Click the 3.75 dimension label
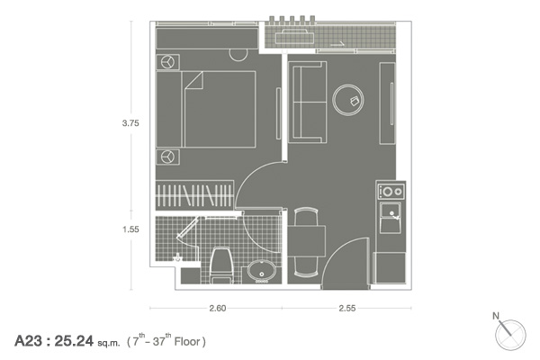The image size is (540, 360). pyautogui.click(x=130, y=123)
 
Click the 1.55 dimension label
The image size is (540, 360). pyautogui.click(x=130, y=229)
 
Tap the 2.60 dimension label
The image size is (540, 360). pyautogui.click(x=218, y=308)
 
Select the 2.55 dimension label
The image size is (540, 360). pyautogui.click(x=346, y=308)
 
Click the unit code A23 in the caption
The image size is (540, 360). pyautogui.click(x=28, y=341)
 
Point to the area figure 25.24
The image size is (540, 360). pyautogui.click(x=74, y=341)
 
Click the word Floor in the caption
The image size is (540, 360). pyautogui.click(x=187, y=342)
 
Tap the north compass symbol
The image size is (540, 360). pyautogui.click(x=509, y=334)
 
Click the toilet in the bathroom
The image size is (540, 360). pyautogui.click(x=221, y=265)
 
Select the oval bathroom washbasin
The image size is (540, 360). pyautogui.click(x=261, y=270)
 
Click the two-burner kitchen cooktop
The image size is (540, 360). pyautogui.click(x=391, y=191)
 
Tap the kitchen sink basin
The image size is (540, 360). pyautogui.click(x=391, y=218)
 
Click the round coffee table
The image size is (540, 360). pyautogui.click(x=348, y=100)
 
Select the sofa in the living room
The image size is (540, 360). pyautogui.click(x=308, y=102)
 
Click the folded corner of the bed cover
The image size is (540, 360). pyautogui.click(x=193, y=80)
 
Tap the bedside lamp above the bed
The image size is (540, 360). pyautogui.click(x=167, y=62)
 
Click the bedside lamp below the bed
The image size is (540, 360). pyautogui.click(x=167, y=157)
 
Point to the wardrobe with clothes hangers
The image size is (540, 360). pyautogui.click(x=194, y=195)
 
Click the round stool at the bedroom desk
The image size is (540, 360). pyautogui.click(x=238, y=55)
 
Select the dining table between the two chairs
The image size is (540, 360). pyautogui.click(x=307, y=241)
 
